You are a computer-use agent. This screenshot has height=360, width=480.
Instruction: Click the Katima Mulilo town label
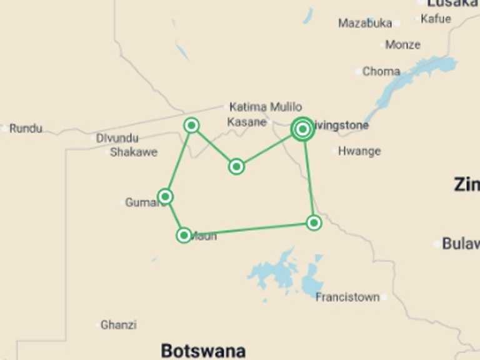point(266,107)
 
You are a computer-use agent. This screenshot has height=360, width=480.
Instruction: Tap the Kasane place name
point(247,122)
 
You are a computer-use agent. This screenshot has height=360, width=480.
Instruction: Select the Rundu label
point(26,129)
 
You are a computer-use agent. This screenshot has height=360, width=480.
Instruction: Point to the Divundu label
point(117,138)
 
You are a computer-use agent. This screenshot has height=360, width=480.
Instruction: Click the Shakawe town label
point(134,152)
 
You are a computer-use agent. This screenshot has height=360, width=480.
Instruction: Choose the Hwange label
point(359,151)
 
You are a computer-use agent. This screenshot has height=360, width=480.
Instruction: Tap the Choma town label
point(381,71)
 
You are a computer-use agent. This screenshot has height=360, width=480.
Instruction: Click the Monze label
point(403,45)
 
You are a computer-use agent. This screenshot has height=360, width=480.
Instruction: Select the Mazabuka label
point(365,23)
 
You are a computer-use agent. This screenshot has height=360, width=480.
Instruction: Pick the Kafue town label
point(436,19)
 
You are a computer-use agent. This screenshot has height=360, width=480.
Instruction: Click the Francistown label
point(347,297)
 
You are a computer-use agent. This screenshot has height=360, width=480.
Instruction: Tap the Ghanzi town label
point(119,325)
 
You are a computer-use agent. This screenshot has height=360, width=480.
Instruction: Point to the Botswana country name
point(203,350)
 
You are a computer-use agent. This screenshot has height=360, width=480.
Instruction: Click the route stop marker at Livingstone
point(302,129)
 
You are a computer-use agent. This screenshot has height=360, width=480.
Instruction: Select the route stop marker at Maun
point(184,235)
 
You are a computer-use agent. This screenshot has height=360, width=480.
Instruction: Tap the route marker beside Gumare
point(166,197)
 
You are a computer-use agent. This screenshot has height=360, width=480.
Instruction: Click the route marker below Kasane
point(236,166)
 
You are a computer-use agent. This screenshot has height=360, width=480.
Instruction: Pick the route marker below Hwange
point(314,222)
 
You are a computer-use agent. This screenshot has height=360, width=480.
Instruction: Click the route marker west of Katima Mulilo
point(192,126)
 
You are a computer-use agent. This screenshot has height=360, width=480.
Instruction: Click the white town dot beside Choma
point(358,72)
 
